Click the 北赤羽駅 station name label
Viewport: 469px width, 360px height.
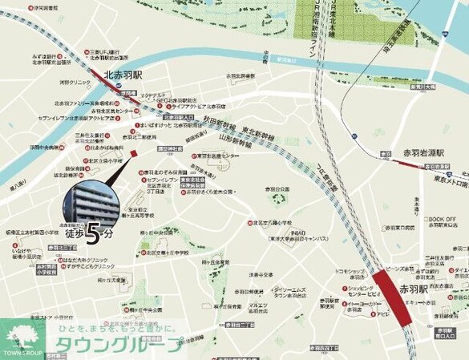pos(123,75)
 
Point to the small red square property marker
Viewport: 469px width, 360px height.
pos(133,152)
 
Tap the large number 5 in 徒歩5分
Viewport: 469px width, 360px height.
pos(94,234)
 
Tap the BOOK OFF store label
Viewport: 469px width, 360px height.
pos(439,218)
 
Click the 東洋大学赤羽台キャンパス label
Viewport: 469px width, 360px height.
pos(293,238)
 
